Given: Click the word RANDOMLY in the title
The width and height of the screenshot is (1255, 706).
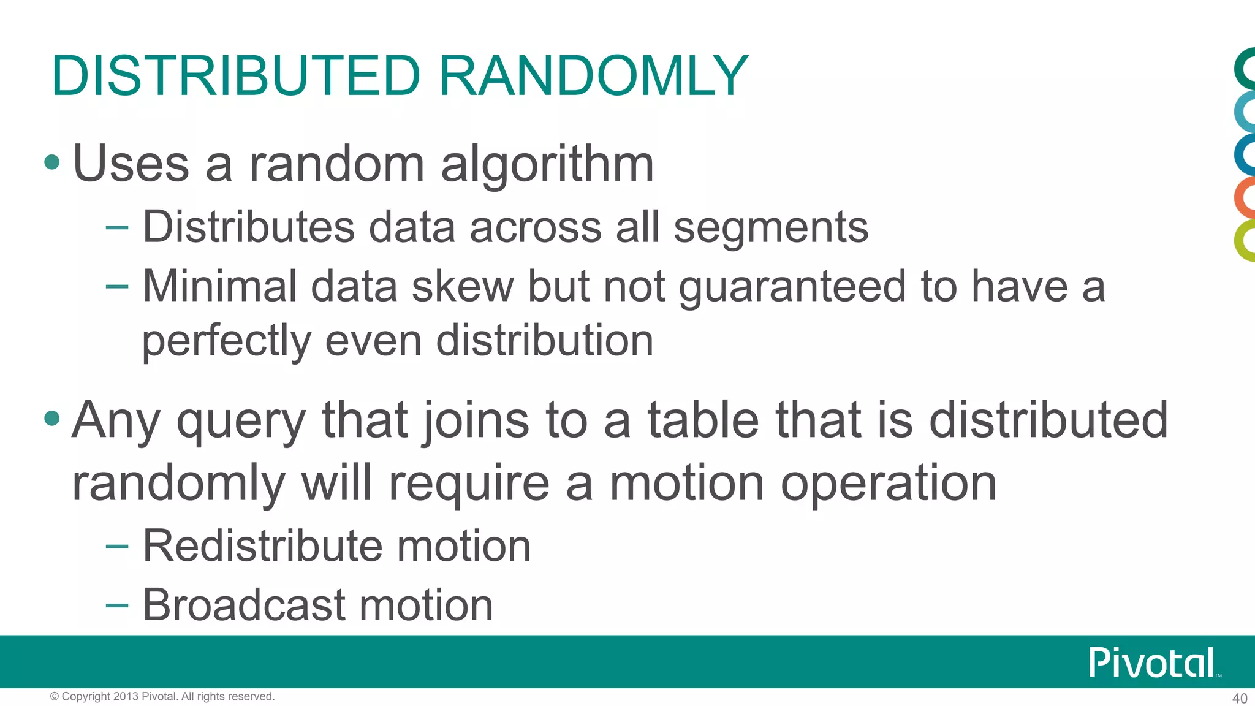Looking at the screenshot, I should click(x=593, y=76).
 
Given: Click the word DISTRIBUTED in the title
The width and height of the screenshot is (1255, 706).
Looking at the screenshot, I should click(x=236, y=76).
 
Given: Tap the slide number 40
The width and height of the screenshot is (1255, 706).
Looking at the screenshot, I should click(x=1239, y=698).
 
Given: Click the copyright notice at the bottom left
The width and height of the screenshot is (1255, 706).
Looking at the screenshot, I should click(x=162, y=696).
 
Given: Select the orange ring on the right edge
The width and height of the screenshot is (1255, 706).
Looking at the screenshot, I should click(x=1245, y=197).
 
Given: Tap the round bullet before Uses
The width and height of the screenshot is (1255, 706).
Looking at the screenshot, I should click(x=52, y=162).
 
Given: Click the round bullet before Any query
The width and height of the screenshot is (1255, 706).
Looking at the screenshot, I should click(x=52, y=419).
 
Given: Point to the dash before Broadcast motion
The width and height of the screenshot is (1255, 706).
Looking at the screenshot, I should click(x=116, y=605).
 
